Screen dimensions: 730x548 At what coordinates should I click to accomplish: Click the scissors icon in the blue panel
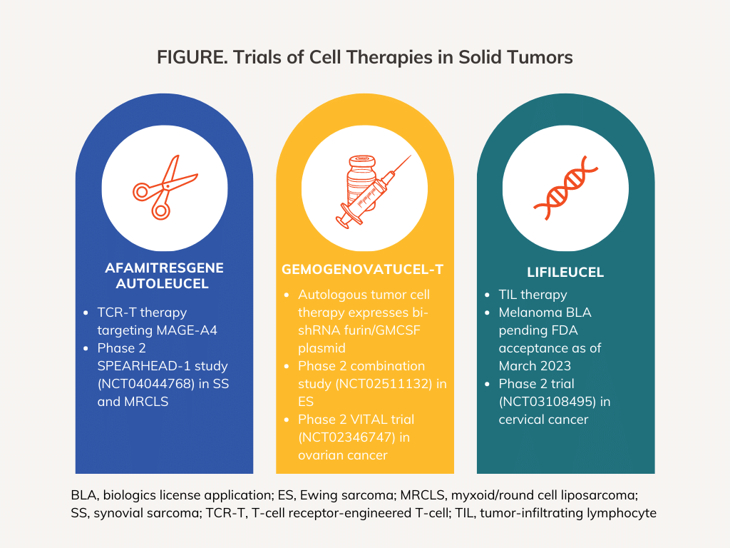click(164, 188)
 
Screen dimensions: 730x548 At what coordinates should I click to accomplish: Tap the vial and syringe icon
click(364, 188)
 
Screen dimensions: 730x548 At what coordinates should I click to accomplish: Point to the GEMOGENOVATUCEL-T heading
click(363, 269)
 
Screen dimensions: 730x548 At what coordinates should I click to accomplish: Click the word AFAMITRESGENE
click(164, 268)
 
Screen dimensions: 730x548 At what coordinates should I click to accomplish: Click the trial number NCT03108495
click(546, 402)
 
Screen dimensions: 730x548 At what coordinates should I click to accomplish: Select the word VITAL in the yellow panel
click(364, 420)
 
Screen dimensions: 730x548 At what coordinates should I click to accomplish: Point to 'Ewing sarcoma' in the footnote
click(322, 495)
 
